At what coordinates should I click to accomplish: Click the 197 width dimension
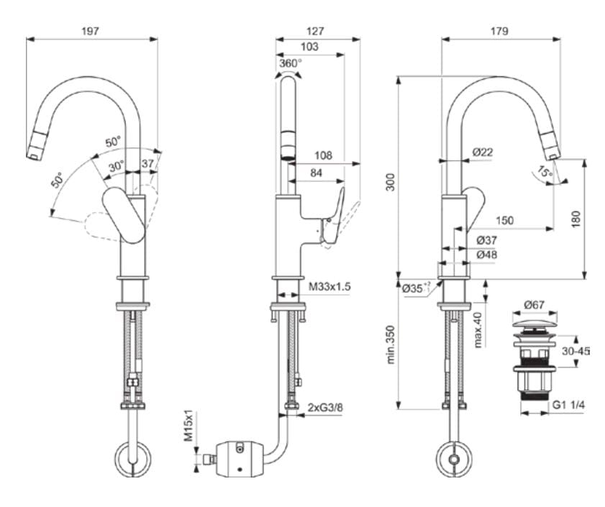91,31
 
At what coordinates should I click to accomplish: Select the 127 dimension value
314,31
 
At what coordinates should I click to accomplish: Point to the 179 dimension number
499,31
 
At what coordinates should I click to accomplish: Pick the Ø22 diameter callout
483,152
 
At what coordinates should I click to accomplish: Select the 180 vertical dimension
573,218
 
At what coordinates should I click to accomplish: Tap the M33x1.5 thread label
329,287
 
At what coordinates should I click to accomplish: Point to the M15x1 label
189,427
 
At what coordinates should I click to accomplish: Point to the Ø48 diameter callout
486,255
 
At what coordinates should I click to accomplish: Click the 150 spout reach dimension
504,221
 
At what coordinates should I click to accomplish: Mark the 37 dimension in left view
147,164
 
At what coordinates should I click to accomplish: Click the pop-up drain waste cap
533,321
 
